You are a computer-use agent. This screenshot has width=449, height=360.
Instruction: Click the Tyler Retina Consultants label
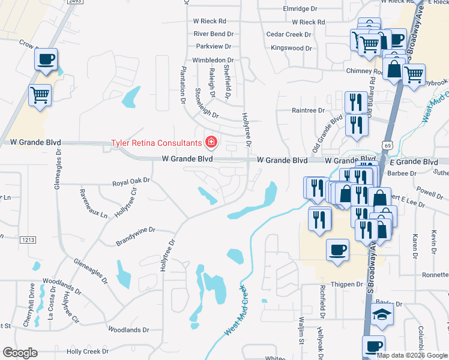point(156,143)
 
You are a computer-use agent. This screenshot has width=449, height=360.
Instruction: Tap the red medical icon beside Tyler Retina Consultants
point(211,143)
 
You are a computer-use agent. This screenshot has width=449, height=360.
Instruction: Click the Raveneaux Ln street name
point(94,203)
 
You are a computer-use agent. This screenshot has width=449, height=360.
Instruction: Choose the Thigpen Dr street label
point(348,284)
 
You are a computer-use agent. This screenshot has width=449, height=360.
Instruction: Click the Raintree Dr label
point(308,110)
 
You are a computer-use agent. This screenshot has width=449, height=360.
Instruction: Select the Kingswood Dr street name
point(292,48)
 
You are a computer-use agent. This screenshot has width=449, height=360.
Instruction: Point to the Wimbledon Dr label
point(212,61)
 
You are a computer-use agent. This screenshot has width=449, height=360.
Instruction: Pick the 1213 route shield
point(28,240)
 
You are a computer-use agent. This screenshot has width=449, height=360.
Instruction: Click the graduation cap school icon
point(381,314)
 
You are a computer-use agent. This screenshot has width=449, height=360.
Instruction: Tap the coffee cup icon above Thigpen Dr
point(338,249)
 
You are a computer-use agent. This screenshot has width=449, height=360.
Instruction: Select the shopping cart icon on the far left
point(40,95)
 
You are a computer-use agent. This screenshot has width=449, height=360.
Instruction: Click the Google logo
point(20,353)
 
